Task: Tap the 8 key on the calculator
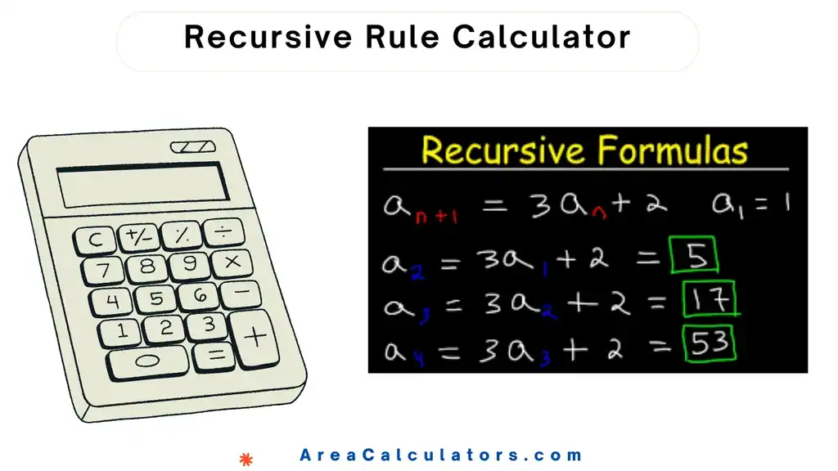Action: pyautogui.click(x=146, y=267)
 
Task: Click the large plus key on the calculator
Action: pyautogui.click(x=255, y=335)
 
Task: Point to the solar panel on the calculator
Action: pyautogui.click(x=193, y=147)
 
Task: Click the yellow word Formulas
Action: pyautogui.click(x=673, y=150)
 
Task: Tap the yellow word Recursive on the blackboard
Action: pyautogui.click(x=503, y=150)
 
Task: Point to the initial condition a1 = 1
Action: pyautogui.click(x=750, y=204)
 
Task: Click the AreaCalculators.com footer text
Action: pyautogui.click(x=441, y=455)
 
